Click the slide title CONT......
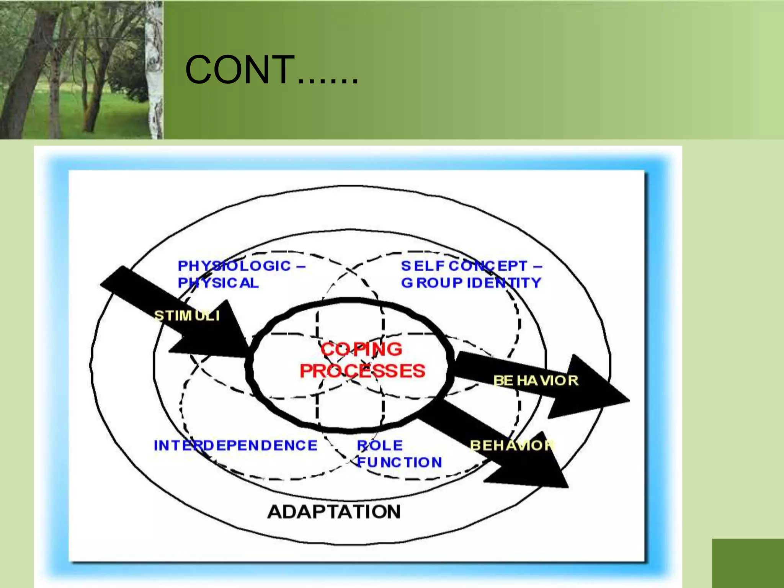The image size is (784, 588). click(271, 70)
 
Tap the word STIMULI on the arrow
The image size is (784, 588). click(187, 316)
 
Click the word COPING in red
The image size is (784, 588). click(361, 349)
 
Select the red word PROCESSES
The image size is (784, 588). click(362, 371)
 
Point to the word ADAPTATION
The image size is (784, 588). click(334, 512)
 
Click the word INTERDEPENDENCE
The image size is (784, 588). click(235, 445)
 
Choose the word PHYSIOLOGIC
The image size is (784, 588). click(234, 266)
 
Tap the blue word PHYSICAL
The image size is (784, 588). click(218, 283)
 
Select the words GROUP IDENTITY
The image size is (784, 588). click(471, 283)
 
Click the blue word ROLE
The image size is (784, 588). click(380, 445)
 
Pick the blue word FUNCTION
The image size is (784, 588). click(399, 462)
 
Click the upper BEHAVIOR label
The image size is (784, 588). click(536, 381)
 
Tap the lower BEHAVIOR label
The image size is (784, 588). click(512, 445)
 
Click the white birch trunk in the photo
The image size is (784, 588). click(154, 69)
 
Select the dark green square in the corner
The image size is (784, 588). click(748, 563)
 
